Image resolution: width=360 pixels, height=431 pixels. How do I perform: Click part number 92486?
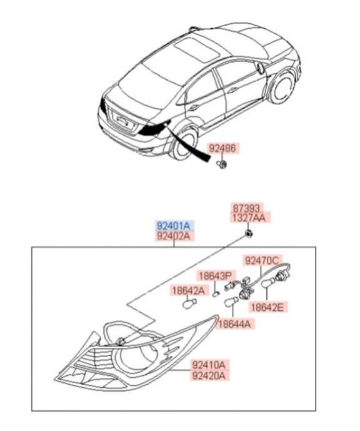tap(222, 148)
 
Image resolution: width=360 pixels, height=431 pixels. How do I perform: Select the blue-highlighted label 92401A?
tap(173, 226)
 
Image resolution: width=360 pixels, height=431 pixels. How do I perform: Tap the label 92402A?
tap(173, 236)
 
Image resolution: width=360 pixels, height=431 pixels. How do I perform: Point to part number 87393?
tap(247, 208)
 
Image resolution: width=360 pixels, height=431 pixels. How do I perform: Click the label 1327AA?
tap(249, 218)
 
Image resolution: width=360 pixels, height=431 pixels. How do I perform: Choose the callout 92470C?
tap(262, 260)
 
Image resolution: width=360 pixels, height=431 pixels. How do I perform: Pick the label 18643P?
tap(216, 276)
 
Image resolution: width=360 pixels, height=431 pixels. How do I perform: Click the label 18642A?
tap(188, 290)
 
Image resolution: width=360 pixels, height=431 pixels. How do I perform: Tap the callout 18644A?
tap(234, 324)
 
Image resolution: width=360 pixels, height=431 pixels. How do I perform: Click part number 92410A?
tap(209, 365)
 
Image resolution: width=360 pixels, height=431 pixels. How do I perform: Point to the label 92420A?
tap(209, 375)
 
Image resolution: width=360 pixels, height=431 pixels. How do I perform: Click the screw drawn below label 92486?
tap(222, 165)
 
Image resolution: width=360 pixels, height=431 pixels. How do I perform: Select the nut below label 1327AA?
tap(249, 234)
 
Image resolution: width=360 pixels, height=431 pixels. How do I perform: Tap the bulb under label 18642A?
tap(189, 304)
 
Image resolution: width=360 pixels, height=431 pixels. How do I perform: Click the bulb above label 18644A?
tap(231, 303)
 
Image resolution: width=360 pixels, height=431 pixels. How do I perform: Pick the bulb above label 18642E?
tap(268, 283)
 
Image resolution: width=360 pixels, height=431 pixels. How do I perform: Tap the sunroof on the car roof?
tap(197, 49)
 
